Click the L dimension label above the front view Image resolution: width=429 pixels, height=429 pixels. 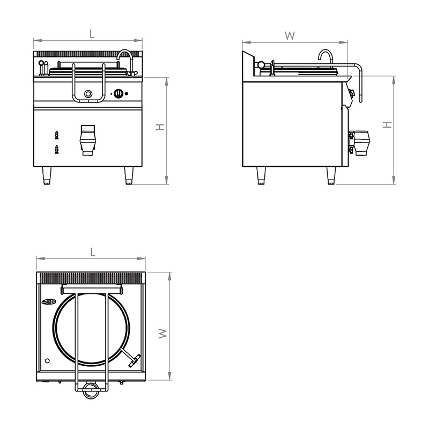pyautogui.click(x=92, y=34)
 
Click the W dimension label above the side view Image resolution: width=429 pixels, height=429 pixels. pyautogui.click(x=290, y=35)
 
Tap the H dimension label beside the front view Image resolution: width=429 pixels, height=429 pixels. pyautogui.click(x=160, y=127)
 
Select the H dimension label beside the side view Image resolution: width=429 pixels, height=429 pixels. pyautogui.click(x=387, y=125)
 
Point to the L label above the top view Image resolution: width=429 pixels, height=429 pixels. pyautogui.click(x=93, y=252)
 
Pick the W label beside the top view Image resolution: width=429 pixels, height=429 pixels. pyautogui.click(x=163, y=334)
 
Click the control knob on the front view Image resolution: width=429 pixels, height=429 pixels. pyautogui.click(x=119, y=93)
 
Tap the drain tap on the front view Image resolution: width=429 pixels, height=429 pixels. pyautogui.click(x=88, y=140)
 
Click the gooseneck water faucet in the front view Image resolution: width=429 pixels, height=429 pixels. pyautogui.click(x=127, y=62)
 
